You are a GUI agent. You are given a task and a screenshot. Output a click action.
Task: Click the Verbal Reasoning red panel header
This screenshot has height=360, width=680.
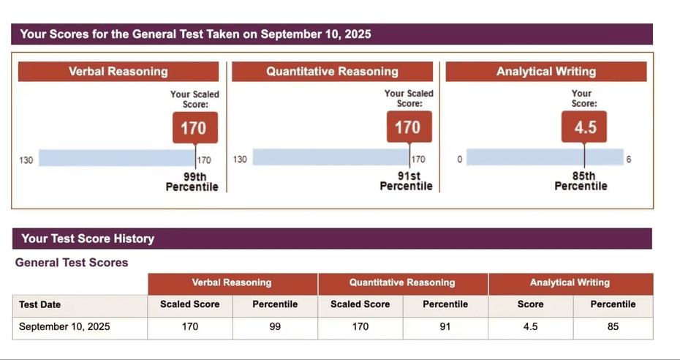(x=118, y=72)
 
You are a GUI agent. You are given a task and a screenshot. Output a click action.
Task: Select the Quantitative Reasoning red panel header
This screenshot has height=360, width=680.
(x=332, y=72)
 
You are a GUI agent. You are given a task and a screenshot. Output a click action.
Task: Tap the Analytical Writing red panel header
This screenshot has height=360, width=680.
(x=545, y=72)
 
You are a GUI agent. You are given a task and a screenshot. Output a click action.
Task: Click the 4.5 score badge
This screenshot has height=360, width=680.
(x=585, y=128)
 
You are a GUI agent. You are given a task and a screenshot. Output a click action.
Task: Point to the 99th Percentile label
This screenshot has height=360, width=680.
(x=192, y=181)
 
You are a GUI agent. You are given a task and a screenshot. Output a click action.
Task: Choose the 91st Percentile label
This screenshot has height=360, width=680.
(x=406, y=181)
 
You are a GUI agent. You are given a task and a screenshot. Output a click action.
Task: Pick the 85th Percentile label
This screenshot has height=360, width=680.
(x=581, y=181)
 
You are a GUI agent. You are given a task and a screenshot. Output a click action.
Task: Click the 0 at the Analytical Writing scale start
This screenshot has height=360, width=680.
(x=459, y=160)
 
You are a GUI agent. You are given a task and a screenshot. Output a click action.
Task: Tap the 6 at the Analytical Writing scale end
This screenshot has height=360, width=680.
(x=628, y=160)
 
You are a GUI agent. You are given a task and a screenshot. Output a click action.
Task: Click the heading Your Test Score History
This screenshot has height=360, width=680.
(x=88, y=239)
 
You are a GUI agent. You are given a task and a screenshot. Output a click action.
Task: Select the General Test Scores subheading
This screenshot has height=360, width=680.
(x=72, y=263)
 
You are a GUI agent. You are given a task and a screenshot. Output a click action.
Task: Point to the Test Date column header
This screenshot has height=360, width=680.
(x=40, y=304)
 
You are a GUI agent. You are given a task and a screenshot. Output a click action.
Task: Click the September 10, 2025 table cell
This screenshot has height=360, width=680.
(x=64, y=326)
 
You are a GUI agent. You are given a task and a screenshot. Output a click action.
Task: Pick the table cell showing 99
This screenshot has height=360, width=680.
(x=275, y=326)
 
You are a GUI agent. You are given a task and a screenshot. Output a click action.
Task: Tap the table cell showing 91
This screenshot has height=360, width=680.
(x=445, y=326)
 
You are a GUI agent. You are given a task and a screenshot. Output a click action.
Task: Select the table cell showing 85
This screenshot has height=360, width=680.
(x=613, y=326)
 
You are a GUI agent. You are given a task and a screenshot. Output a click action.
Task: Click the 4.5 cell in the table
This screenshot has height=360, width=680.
(x=530, y=326)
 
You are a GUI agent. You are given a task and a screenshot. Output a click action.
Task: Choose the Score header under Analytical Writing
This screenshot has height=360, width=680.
(x=530, y=304)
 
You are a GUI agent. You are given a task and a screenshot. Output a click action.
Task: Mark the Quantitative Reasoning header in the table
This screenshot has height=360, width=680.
(x=402, y=282)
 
